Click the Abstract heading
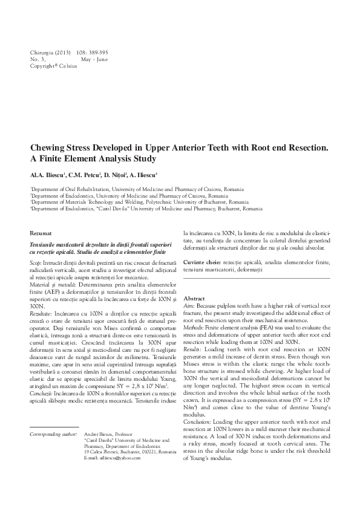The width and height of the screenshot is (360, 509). (194, 299)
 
